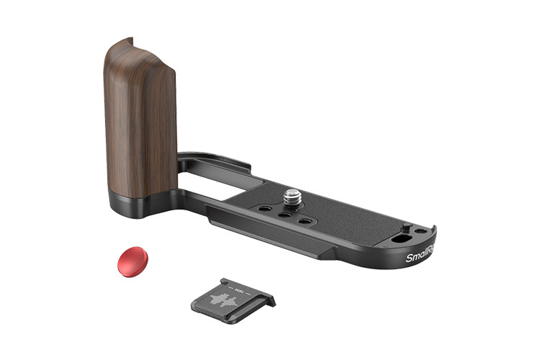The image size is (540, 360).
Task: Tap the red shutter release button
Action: click(132, 261)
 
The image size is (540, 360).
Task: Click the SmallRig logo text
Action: click(420, 254)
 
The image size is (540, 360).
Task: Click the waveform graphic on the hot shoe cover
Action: click(229, 302)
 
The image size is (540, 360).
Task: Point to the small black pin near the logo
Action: click(407, 228)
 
